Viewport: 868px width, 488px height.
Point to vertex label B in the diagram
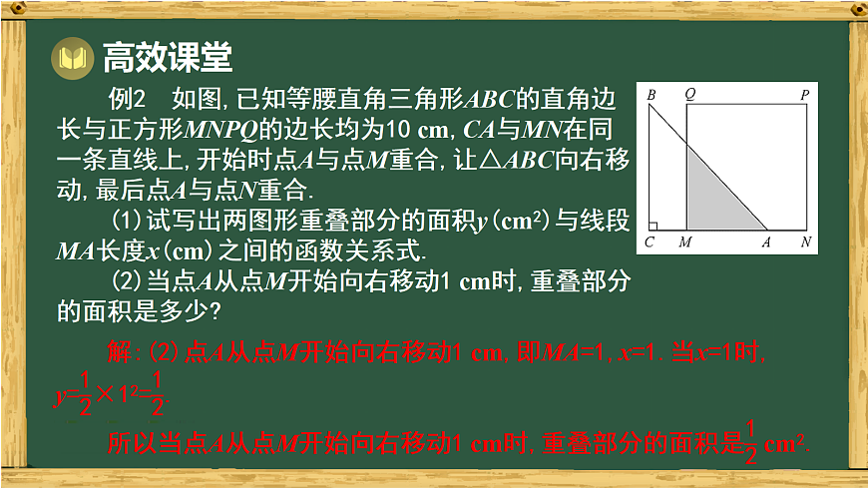click(x=651, y=96)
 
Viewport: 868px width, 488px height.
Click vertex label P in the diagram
click(x=804, y=96)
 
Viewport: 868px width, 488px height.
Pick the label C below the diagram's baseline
click(x=650, y=242)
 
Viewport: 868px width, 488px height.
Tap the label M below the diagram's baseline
click(x=685, y=242)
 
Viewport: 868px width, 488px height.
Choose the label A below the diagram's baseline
click(x=766, y=242)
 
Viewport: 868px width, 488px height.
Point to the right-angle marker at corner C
click(x=652, y=226)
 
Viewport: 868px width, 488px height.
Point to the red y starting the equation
click(x=58, y=396)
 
